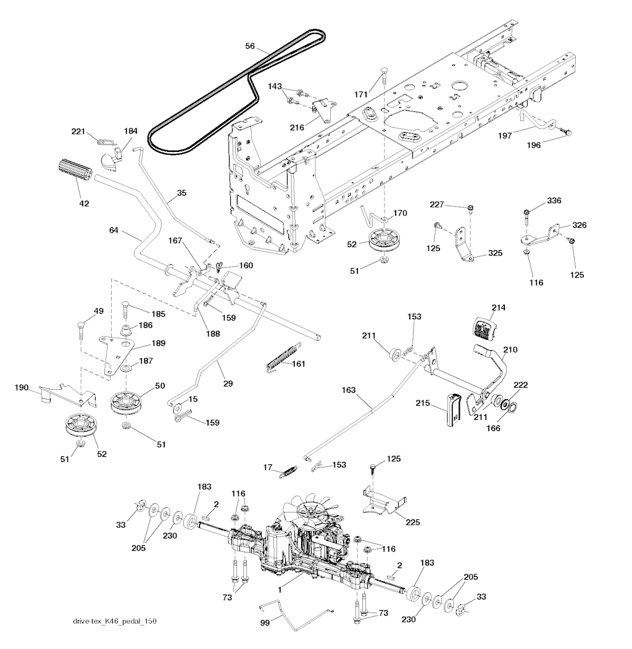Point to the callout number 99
pyautogui.click(x=264, y=625)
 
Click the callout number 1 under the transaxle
pyautogui.click(x=280, y=590)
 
